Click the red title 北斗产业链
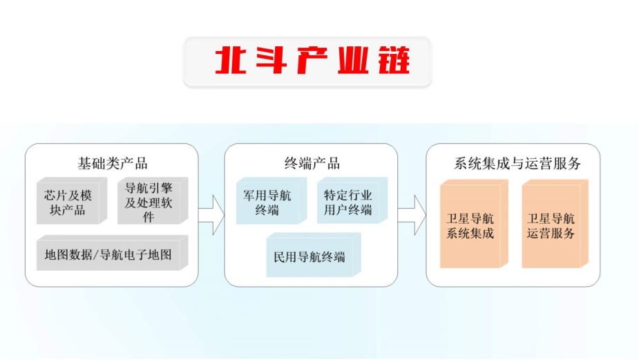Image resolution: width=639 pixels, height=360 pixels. tap(312, 60)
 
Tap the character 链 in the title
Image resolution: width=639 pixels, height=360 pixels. tap(394, 60)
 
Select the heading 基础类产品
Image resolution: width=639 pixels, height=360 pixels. tap(113, 164)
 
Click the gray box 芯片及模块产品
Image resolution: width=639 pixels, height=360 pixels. tap(72, 200)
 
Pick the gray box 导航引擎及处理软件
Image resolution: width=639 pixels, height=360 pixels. tap(153, 200)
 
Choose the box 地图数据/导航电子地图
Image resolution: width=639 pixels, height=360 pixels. tap(112, 253)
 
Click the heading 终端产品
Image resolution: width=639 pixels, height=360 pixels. tap(312, 164)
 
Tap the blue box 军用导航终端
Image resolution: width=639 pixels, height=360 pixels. tap(271, 200)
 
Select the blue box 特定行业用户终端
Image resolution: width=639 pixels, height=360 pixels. tap(352, 200)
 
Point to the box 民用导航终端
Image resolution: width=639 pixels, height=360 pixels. tap(314, 255)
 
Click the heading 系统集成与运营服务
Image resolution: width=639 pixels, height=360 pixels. tap(517, 164)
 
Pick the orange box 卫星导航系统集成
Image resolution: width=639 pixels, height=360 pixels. tap(474, 224)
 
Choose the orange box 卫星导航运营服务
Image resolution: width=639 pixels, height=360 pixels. tap(555, 224)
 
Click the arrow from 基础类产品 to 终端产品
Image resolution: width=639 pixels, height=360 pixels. tap(211, 215)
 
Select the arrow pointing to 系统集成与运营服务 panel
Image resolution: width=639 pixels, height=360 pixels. tap(412, 215)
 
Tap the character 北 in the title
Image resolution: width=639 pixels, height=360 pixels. tap(231, 60)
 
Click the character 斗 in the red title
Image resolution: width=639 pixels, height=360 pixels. tap(271, 60)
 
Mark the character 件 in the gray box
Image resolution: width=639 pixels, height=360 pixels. tap(149, 217)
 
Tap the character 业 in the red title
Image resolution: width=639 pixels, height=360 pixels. tap(353, 60)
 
